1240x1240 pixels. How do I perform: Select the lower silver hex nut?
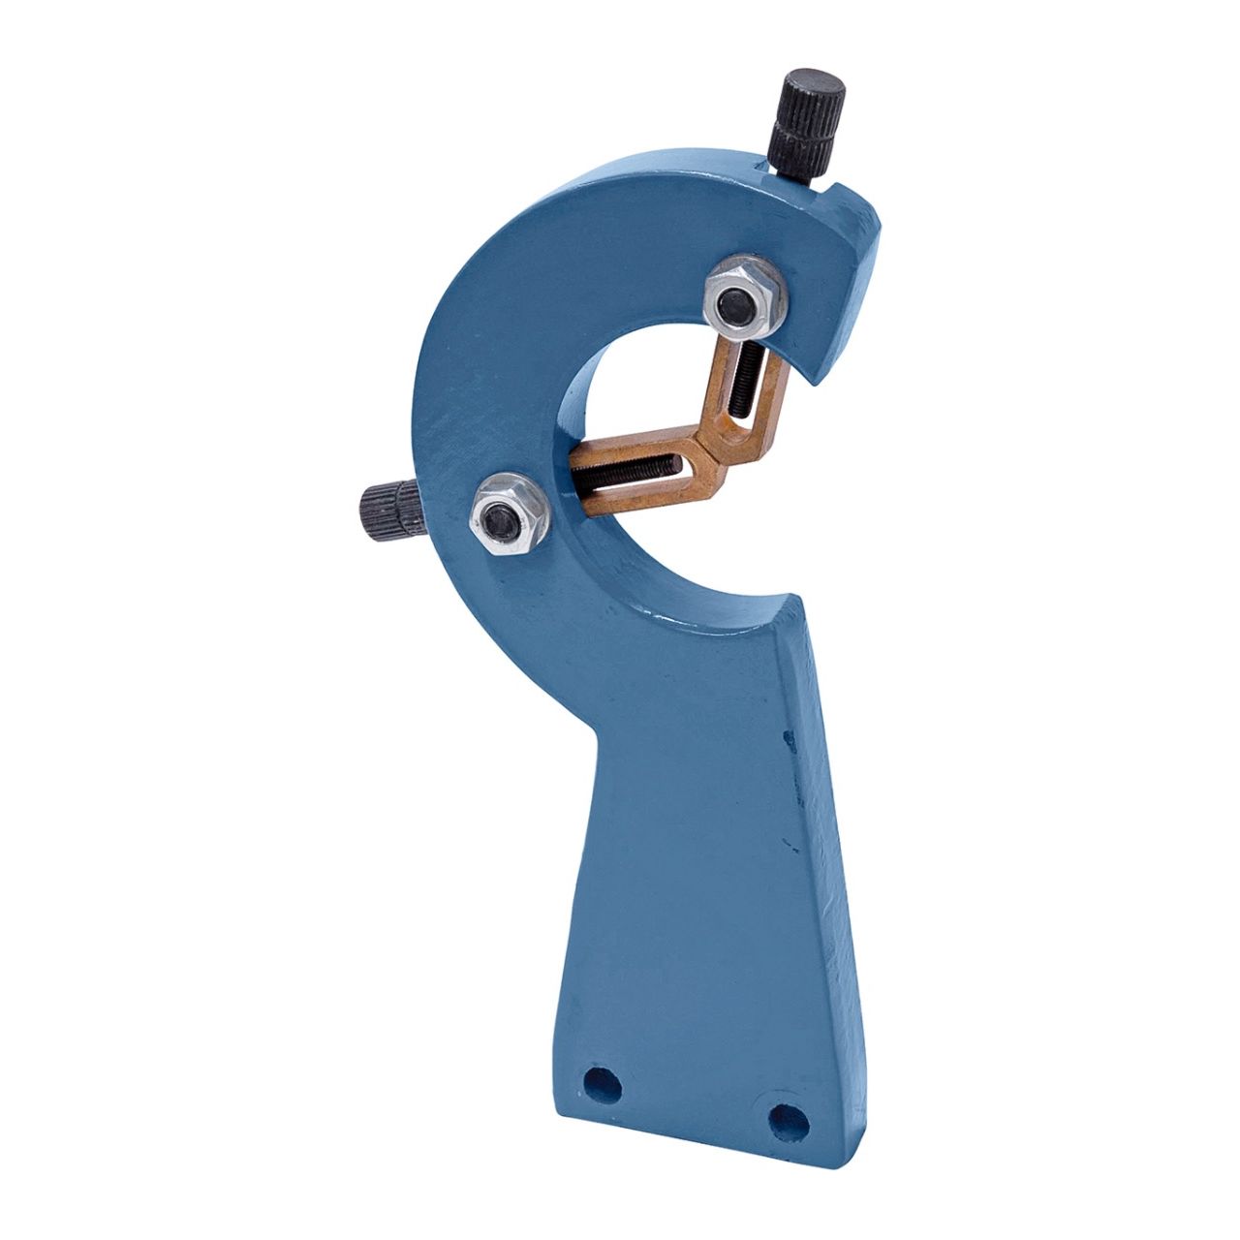click(507, 515)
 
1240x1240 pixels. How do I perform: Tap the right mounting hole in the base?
click(787, 1120)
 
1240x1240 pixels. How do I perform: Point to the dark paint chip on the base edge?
click(789, 741)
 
